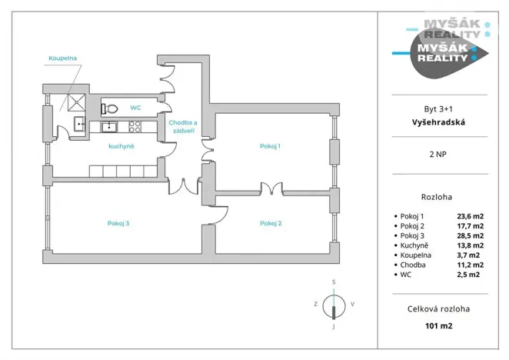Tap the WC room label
135,107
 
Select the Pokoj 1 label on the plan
270,146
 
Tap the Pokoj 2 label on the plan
271,223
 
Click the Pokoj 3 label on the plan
118,223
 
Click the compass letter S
334,282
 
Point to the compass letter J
334,327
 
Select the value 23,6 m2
471,216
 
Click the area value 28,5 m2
471,235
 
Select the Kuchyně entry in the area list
414,245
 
